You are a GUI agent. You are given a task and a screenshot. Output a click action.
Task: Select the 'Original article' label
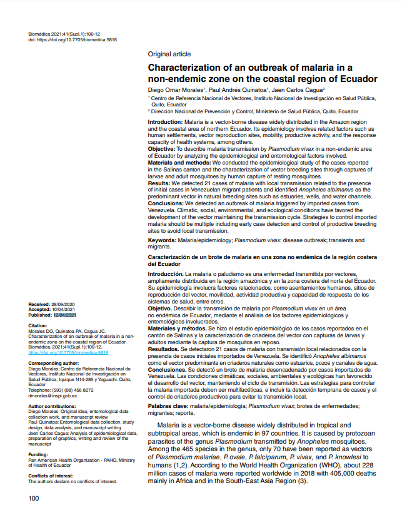click(x=169, y=54)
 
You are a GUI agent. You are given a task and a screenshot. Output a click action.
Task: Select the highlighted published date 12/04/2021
click(x=65, y=315)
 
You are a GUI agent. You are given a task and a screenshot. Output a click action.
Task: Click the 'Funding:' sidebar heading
click(x=39, y=454)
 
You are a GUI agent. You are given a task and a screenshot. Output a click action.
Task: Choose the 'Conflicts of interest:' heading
click(x=53, y=476)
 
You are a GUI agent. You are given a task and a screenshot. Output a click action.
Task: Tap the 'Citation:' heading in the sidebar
click(x=38, y=326)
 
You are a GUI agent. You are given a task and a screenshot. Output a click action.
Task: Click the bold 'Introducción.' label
click(x=166, y=274)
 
